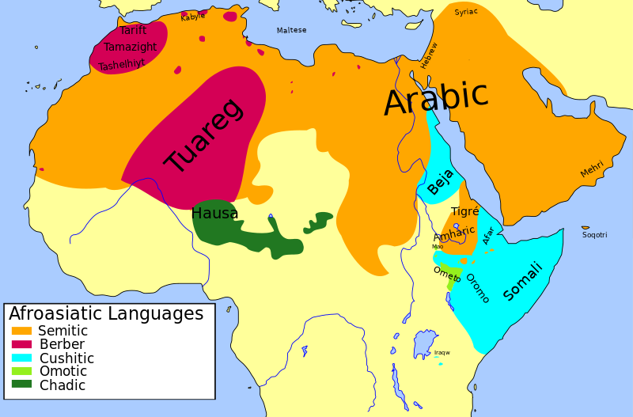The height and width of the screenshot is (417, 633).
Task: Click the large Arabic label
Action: pyautogui.click(x=436, y=99)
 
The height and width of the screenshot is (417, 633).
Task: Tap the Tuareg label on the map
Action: pyautogui.click(x=203, y=136)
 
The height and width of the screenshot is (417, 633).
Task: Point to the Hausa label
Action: pyautogui.click(x=214, y=214)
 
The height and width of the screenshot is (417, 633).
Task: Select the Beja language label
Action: pyautogui.click(x=441, y=182)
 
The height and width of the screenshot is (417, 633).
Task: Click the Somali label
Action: pyautogui.click(x=524, y=281)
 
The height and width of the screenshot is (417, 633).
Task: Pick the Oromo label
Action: pyautogui.click(x=477, y=288)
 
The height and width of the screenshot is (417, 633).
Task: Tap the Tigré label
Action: pyautogui.click(x=465, y=211)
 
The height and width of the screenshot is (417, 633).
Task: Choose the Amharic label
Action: pyautogui.click(x=454, y=234)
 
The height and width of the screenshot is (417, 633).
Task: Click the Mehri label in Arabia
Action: pyautogui.click(x=592, y=169)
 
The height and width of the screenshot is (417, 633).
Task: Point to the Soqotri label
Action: pyautogui.click(x=595, y=235)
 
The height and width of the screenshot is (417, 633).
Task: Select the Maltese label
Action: pyautogui.click(x=291, y=31)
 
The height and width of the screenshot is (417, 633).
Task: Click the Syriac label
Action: pyautogui.click(x=466, y=12)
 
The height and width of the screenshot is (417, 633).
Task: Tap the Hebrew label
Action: pyautogui.click(x=429, y=55)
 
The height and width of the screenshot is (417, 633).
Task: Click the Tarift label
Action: pyautogui.click(x=133, y=31)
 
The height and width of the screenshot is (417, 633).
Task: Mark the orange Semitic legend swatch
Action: pyautogui.click(x=21, y=331)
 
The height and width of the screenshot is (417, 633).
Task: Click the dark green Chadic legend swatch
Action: pyautogui.click(x=21, y=385)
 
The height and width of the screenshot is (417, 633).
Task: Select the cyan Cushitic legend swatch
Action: pyautogui.click(x=21, y=358)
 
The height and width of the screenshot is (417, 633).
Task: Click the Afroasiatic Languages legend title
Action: pyautogui.click(x=106, y=314)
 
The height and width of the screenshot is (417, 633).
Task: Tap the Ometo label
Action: pyautogui.click(x=447, y=274)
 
